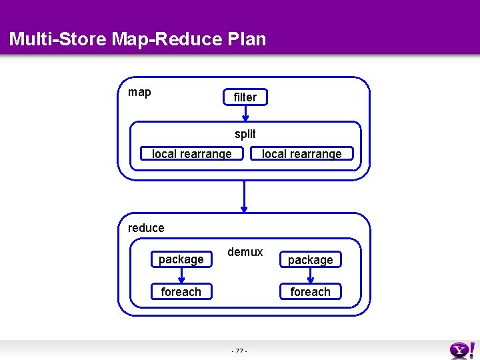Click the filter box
tap(245, 97)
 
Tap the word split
tap(245, 134)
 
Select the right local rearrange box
tap(301, 154)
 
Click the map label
tap(139, 93)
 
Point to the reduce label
tap(146, 228)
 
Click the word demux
tap(245, 252)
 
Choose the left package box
tap(181, 259)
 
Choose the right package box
tap(310, 259)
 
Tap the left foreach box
tap(181, 292)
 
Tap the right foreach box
tap(310, 292)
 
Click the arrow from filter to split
tap(245, 113)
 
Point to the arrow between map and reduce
tap(245, 196)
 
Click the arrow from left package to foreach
tap(181, 275)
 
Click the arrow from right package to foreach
tap(310, 275)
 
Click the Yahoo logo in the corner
tap(463, 349)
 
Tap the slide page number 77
tap(239, 351)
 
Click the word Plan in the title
tap(247, 39)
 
